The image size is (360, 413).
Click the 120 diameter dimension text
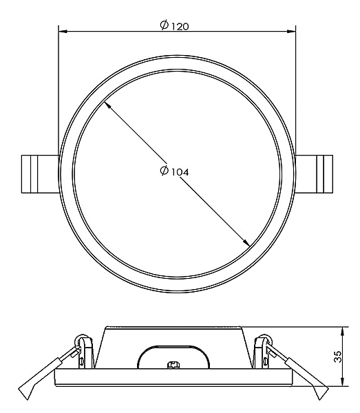click(x=180, y=26)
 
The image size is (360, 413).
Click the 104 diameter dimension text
click(x=180, y=172)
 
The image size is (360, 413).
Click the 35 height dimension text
click(x=337, y=357)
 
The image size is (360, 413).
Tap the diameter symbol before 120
click(x=165, y=25)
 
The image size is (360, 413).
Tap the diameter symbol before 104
click(x=165, y=171)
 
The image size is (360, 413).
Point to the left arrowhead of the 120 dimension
click(x=62, y=32)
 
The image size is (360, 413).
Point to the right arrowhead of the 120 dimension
click(x=292, y=32)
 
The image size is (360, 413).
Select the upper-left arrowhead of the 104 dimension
click(x=107, y=105)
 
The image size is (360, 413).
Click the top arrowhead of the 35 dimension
click(x=343, y=331)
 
